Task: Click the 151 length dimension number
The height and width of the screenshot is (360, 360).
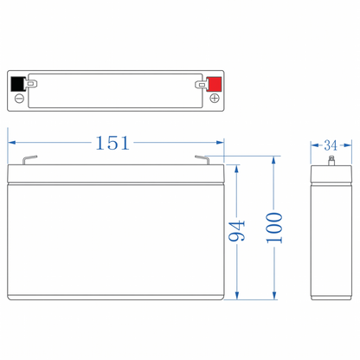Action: click(112, 143)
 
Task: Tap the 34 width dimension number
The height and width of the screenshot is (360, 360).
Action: click(331, 145)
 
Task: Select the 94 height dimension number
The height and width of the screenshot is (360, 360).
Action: click(236, 231)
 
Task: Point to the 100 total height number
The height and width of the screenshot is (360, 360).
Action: click(274, 228)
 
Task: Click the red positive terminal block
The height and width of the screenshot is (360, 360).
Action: click(215, 84)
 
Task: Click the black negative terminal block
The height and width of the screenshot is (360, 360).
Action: click(18, 84)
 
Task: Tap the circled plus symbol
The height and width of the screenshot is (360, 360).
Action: click(215, 99)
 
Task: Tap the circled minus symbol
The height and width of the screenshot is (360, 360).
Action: click(19, 99)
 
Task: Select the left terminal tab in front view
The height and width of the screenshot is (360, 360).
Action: click(29, 160)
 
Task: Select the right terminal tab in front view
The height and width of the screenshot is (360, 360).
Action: click(202, 159)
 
